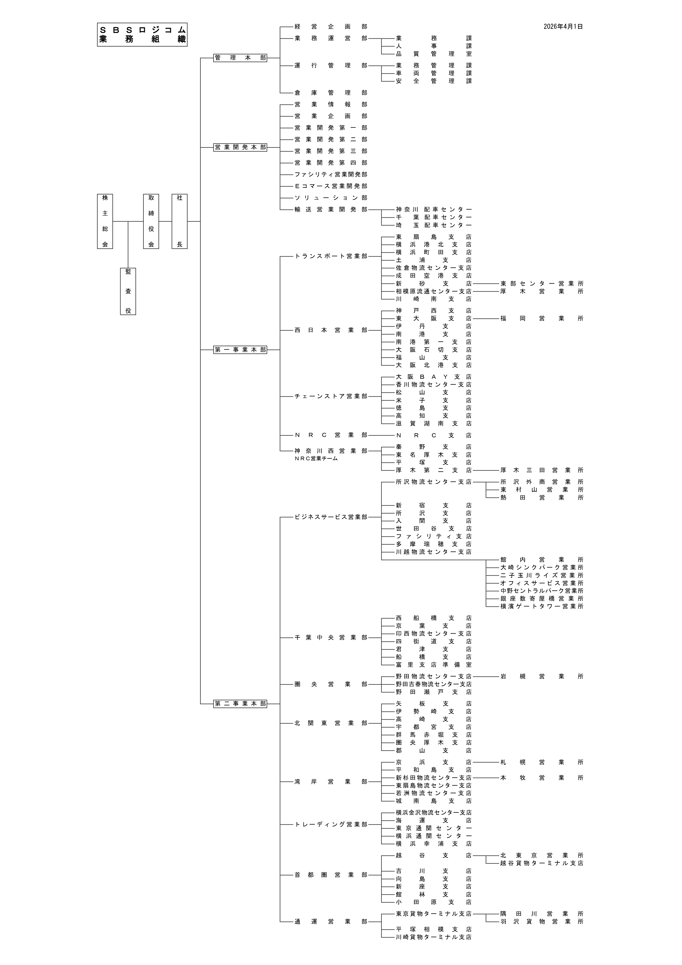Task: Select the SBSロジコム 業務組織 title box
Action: point(142,34)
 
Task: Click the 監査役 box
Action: point(128,291)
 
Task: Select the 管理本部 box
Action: point(240,58)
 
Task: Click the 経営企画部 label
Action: point(331,26)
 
